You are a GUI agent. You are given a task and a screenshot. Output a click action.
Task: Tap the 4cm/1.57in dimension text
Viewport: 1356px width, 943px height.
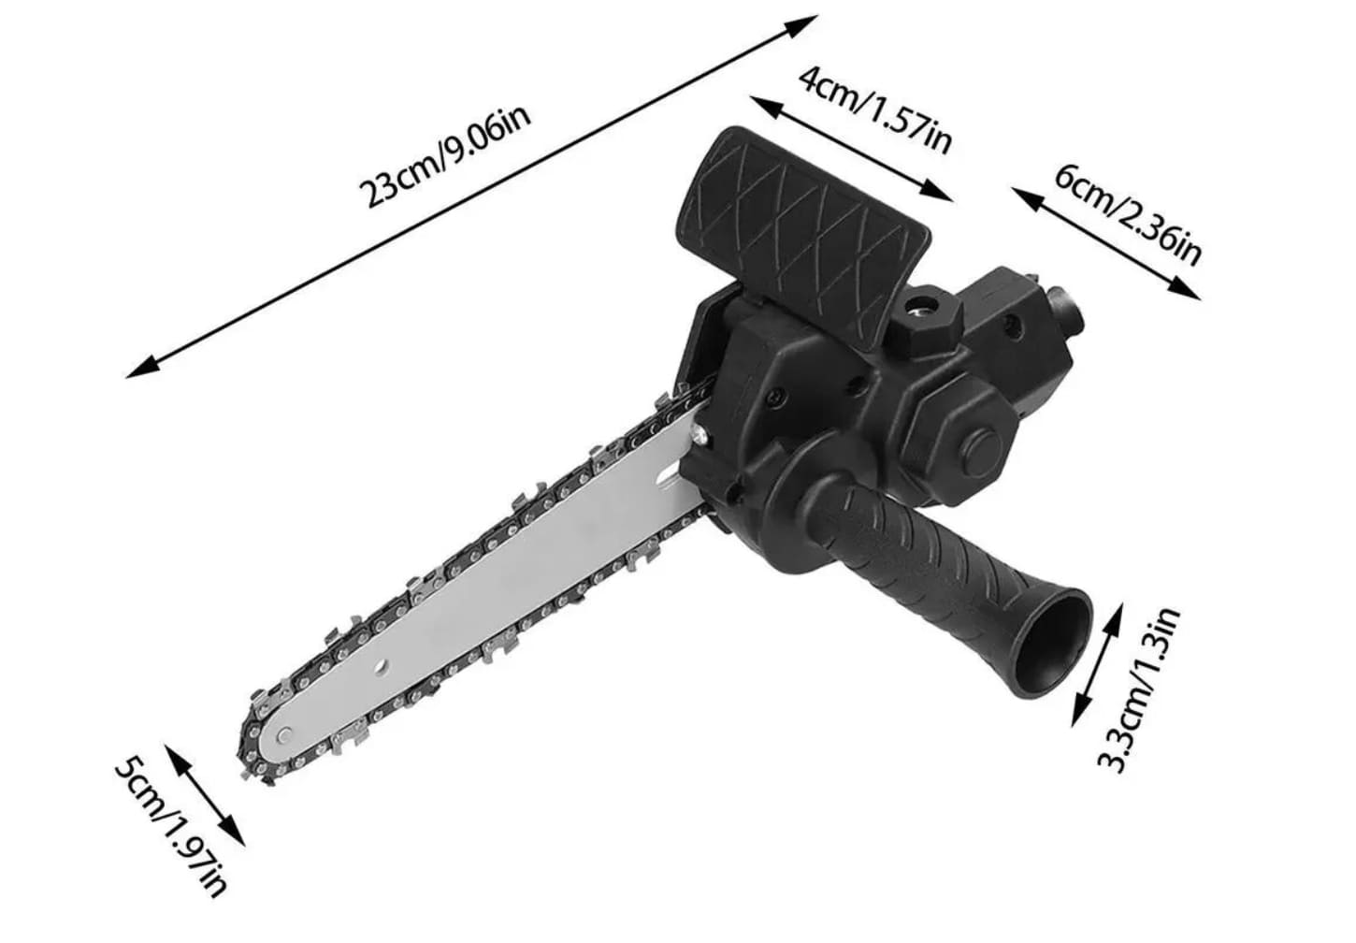click(x=876, y=110)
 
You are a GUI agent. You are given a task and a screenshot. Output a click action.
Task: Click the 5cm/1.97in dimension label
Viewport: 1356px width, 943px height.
click(x=171, y=826)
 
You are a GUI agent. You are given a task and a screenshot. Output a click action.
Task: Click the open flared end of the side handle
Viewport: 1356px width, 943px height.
click(x=1055, y=645)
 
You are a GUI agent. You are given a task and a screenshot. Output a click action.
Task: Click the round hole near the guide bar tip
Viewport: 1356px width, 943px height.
click(x=380, y=667)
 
